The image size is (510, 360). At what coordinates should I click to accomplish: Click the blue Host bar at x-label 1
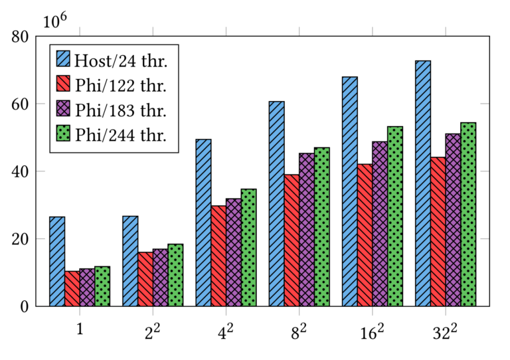[57, 262]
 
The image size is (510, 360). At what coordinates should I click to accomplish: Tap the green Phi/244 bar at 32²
[468, 215]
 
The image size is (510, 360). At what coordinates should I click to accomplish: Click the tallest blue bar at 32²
[422, 183]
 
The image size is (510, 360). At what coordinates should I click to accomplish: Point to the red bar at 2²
[145, 279]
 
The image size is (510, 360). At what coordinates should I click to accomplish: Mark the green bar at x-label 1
[102, 286]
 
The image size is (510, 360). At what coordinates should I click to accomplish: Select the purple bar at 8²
[307, 230]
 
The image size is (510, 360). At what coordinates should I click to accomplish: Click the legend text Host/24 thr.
[121, 62]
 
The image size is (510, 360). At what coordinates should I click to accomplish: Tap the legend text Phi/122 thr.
[121, 86]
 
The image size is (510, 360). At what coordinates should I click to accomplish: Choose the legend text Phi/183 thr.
[121, 110]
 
